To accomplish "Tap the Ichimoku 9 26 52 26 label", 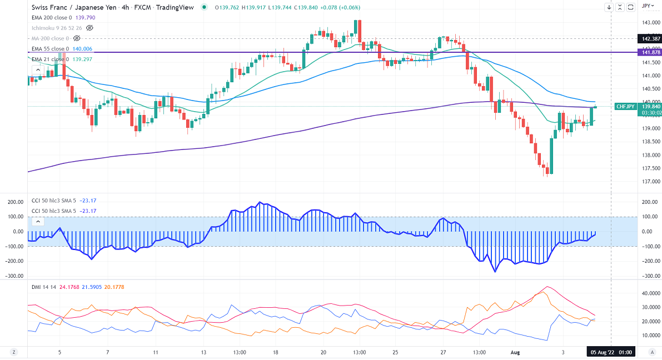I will coord(56,27).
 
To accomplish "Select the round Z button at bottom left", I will coord(13,352).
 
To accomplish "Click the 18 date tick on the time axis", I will coord(275,352).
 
